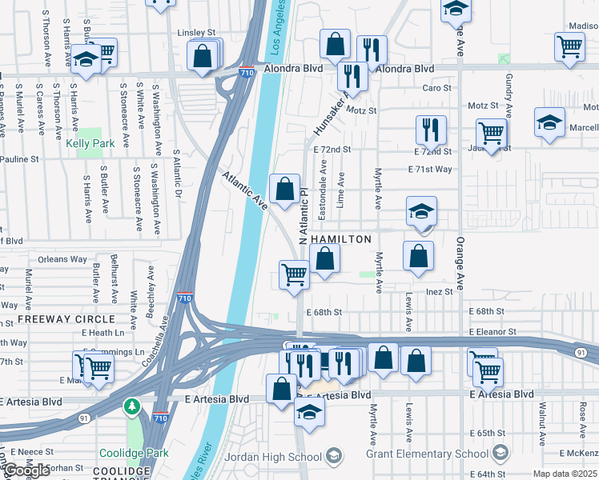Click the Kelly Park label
[90, 143]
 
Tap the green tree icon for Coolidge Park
[132, 407]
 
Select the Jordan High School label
[273, 457]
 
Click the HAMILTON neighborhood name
[340, 239]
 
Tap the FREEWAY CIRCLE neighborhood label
[56, 319]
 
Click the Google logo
[26, 470]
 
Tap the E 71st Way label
[430, 170]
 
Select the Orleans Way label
[62, 259]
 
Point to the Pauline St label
[19, 160]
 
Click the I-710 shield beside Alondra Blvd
[247, 72]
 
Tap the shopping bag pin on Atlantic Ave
[285, 190]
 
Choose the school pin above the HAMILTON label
[421, 212]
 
